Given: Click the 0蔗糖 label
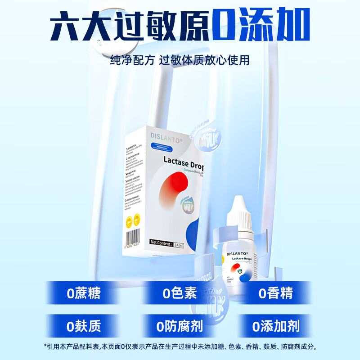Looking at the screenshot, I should tap(84, 293).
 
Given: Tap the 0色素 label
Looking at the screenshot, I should tap(180, 293).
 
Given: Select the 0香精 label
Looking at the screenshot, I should tap(276, 293).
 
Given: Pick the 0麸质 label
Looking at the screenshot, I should tap(84, 325).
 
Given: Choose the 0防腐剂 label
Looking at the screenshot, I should tap(180, 325).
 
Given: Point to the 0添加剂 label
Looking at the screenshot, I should tap(276, 325).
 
